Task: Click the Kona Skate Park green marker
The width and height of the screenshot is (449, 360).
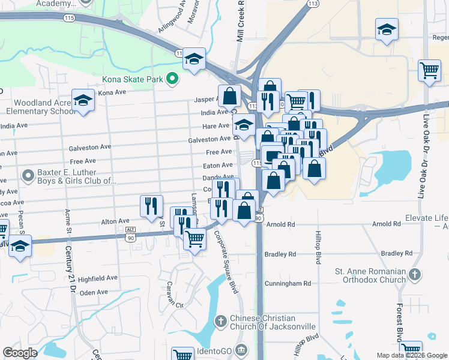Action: coord(172,79)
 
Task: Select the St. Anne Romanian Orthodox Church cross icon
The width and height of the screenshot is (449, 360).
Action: coord(414,275)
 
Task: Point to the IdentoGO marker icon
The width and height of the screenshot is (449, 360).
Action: coord(241,349)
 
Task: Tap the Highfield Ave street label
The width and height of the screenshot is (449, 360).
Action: coord(98,278)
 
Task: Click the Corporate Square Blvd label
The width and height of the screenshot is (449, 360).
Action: coord(226,262)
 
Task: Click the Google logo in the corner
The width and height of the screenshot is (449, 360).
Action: coord(20,353)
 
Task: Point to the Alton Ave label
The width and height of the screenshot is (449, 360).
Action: coord(115,221)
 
